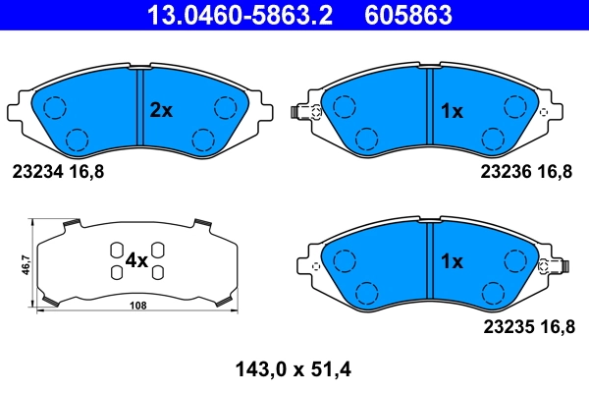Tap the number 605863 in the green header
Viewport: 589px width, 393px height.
click(408, 14)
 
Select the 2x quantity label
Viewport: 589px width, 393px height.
click(160, 111)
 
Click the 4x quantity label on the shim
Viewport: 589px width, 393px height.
click(135, 261)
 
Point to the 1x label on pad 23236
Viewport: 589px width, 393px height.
click(451, 111)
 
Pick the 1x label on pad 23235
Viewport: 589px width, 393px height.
click(451, 261)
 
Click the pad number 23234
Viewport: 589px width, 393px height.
click(36, 171)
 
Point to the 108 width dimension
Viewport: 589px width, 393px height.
click(137, 307)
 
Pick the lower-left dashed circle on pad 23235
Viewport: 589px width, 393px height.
click(365, 292)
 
